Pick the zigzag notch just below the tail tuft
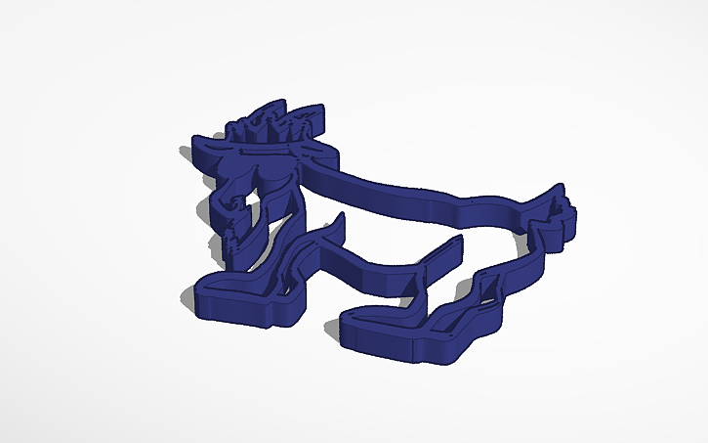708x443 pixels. tap(543, 235)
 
